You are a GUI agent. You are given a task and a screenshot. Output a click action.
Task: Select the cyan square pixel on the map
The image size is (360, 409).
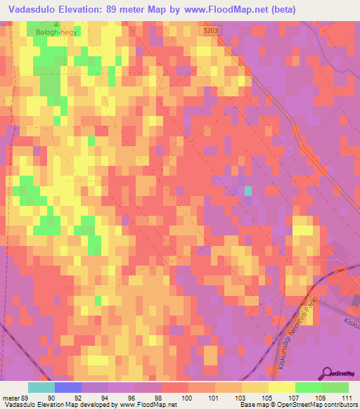[x=247, y=190]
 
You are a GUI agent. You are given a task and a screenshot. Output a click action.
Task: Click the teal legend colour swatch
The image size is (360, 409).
[x=41, y=387]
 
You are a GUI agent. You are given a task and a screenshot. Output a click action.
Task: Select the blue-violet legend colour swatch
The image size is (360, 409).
[x=67, y=387]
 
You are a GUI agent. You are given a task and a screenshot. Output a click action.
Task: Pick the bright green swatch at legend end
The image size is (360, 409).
[x=335, y=387]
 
